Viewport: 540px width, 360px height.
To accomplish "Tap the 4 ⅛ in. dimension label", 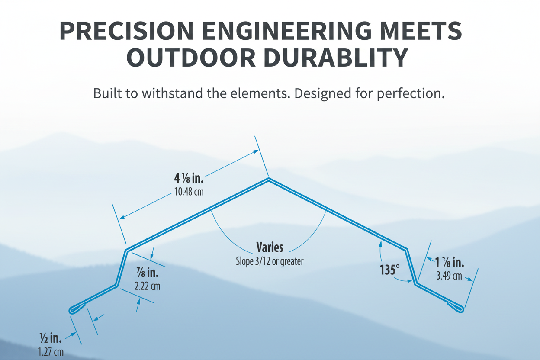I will pos(189,178).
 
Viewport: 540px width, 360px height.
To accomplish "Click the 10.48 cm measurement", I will pos(189,192).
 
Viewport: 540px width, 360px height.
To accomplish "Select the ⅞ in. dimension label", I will pos(148,273).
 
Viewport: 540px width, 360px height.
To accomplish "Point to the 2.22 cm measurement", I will pos(148,286).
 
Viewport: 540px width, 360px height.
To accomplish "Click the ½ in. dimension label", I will pos(50,337).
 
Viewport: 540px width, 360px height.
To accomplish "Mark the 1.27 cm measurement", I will pos(50,352).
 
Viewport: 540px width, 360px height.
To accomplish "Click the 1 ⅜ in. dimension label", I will pos(450,262).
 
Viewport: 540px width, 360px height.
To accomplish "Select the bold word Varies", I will pos(270,247).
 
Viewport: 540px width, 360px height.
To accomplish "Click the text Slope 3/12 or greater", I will pos(270,261).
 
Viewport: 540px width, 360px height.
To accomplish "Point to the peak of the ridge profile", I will pos(269,179).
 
